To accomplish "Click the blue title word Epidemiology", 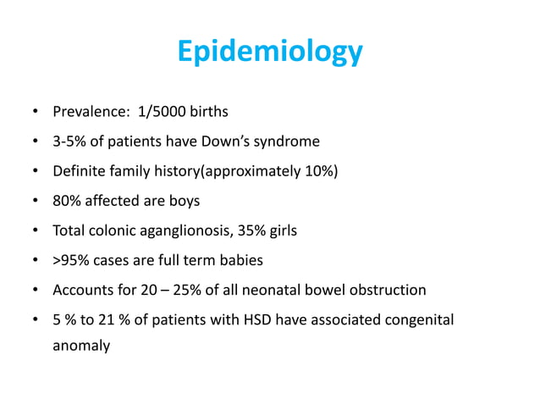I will tap(270, 53).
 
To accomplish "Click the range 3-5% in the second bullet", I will tap(70, 141).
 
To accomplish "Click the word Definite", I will tap(80, 171).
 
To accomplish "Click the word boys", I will tap(182, 201).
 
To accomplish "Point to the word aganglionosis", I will tap(187, 230).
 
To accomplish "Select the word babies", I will tap(241, 260).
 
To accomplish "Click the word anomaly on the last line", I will tap(81, 346).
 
